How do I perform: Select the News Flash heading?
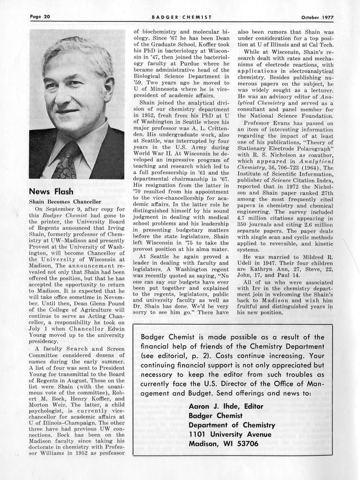click(51, 192)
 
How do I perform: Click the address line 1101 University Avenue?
click(230, 434)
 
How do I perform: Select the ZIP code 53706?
click(247, 444)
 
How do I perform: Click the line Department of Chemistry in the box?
click(232, 425)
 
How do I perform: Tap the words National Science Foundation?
click(286, 116)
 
